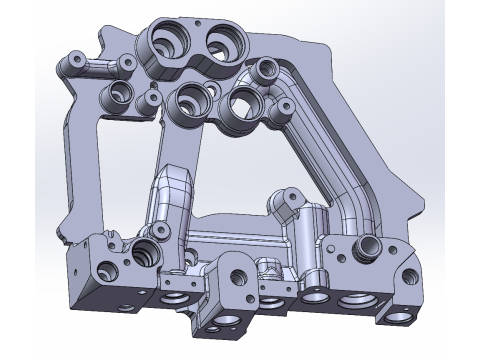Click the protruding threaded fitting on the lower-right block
[367, 246]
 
